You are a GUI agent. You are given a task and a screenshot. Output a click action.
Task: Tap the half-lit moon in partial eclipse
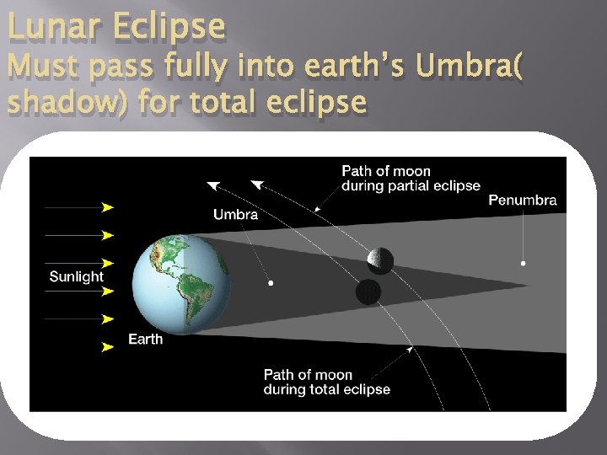380,260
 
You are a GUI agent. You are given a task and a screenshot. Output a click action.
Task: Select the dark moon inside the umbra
368,292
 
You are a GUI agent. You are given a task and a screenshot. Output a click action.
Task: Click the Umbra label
235,215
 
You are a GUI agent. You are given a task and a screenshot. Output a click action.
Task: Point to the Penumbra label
523,201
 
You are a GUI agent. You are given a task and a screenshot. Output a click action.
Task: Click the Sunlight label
76,276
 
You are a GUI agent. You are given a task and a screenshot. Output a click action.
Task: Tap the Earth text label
146,339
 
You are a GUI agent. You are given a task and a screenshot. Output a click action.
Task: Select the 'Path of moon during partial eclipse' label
410,179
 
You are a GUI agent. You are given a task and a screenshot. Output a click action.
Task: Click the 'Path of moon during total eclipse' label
326,382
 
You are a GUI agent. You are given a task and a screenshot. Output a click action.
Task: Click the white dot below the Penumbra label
524,264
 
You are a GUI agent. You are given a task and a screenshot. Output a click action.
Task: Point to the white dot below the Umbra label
270,283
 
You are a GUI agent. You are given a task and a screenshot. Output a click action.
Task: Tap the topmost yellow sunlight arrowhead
108,206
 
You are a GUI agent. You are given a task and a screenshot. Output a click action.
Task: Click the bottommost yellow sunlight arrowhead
108,346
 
